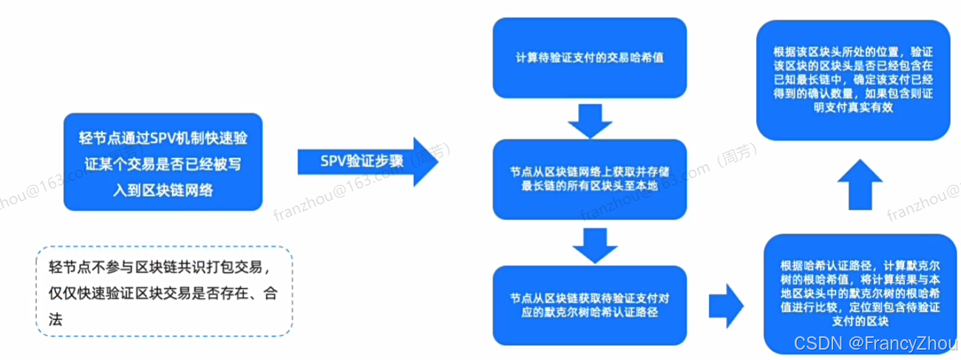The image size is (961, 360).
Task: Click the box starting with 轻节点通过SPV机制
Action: (163, 162)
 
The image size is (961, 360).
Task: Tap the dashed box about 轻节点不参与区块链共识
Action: (164, 292)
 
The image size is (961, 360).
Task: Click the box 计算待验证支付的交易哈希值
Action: (590, 57)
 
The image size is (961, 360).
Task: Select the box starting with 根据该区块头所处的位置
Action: (852, 79)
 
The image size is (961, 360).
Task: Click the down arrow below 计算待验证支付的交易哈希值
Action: (590, 120)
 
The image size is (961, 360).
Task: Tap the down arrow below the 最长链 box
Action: (590, 246)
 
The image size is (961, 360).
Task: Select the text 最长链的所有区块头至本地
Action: (590, 186)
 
